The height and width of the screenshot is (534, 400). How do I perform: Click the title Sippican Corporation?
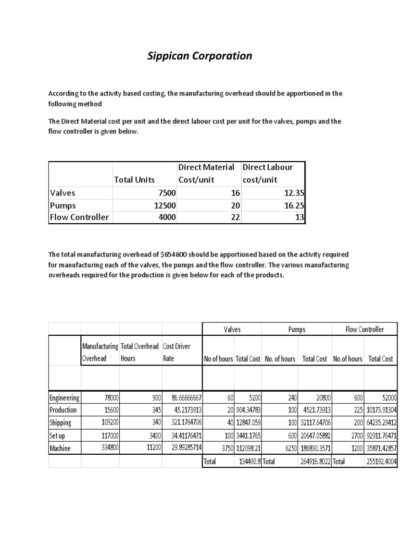click(x=200, y=56)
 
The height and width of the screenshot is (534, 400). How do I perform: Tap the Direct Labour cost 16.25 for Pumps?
click(x=292, y=205)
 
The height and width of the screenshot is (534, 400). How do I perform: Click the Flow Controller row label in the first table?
click(x=79, y=217)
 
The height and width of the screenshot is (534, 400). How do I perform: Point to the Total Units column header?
click(x=134, y=179)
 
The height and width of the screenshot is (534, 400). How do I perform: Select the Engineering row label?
click(x=64, y=397)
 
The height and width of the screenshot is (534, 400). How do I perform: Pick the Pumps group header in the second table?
click(x=296, y=330)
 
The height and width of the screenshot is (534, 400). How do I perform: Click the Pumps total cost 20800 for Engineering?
click(x=319, y=397)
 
